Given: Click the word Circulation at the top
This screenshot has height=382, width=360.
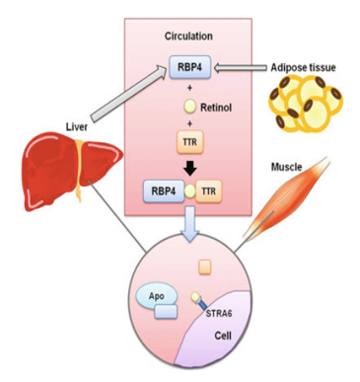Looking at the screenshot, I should click(186, 36).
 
